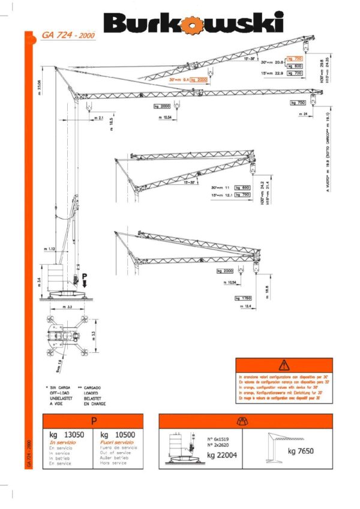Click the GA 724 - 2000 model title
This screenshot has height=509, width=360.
(x=68, y=35)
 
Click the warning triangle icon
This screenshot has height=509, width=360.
(x=284, y=365)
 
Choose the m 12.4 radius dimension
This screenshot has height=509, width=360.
(x=245, y=307)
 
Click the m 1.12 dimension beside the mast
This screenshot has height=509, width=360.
(x=49, y=248)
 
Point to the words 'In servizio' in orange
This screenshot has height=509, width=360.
(x=61, y=442)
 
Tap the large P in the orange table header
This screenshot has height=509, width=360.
(x=93, y=421)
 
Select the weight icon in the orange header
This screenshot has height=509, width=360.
(x=245, y=421)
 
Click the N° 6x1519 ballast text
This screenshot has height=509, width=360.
(x=218, y=441)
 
